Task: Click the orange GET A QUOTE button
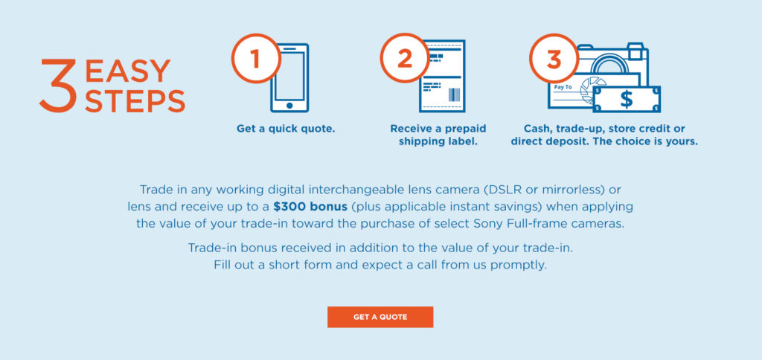[380, 317]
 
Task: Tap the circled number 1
[255, 59]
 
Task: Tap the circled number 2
[404, 59]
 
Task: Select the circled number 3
[553, 59]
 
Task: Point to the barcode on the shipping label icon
[453, 94]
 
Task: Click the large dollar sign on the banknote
[627, 99]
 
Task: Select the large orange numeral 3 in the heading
[58, 86]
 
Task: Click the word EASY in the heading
[128, 71]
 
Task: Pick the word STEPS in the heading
[135, 100]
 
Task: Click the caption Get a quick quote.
[286, 129]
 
